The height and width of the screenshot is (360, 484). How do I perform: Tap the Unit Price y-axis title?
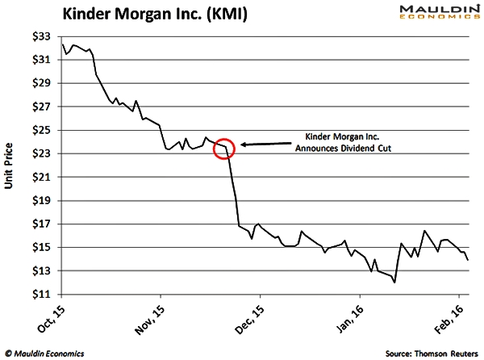click(10, 165)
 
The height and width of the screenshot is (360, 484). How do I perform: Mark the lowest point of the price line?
click(394, 283)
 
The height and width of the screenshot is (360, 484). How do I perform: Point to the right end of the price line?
click(469, 259)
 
